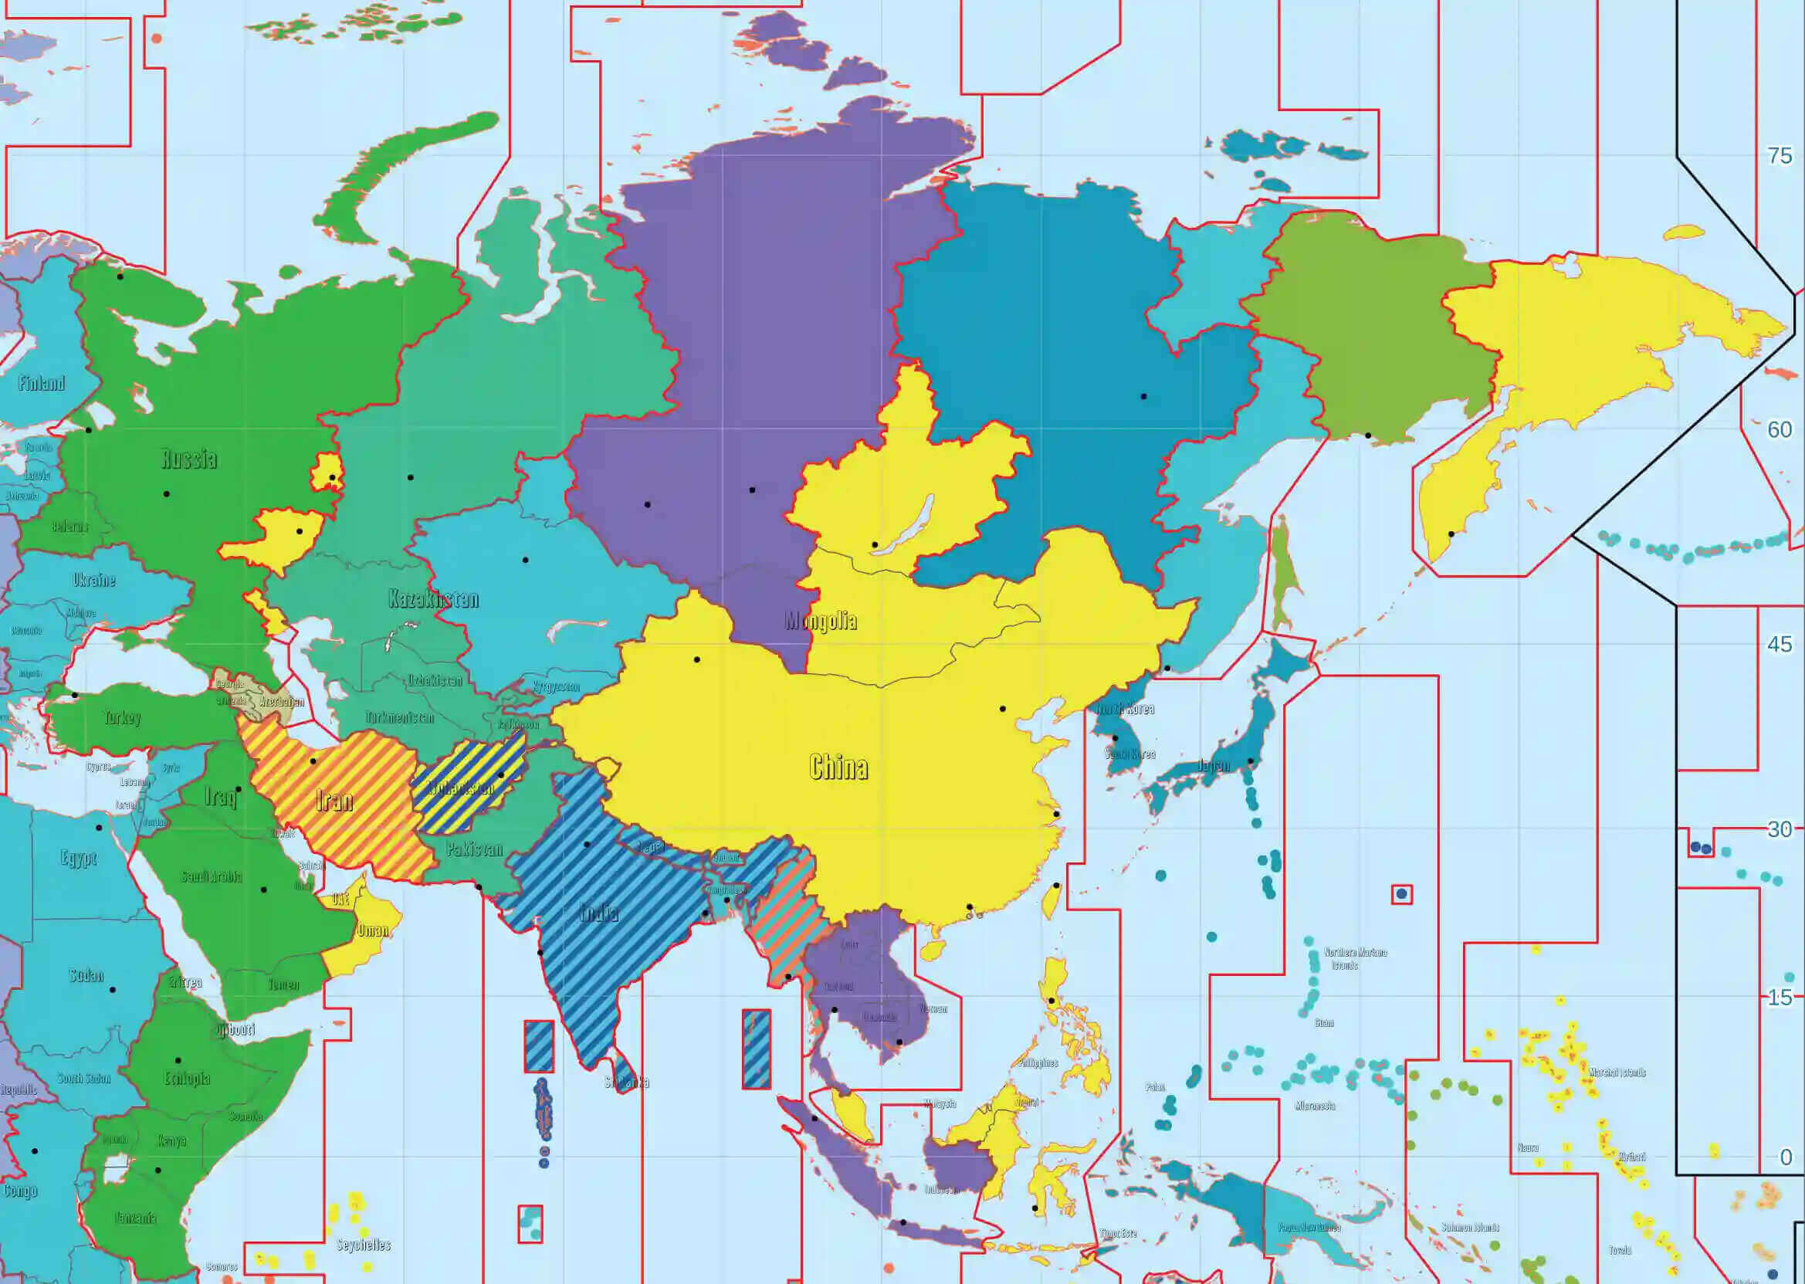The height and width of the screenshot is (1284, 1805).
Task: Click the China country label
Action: pyautogui.click(x=838, y=766)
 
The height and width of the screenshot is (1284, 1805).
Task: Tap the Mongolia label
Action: pyautogui.click(x=821, y=621)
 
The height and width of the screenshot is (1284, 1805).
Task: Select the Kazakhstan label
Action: pyautogui.click(x=433, y=598)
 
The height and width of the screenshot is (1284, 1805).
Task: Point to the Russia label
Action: pyautogui.click(x=189, y=459)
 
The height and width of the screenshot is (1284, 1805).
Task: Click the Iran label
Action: pyautogui.click(x=334, y=800)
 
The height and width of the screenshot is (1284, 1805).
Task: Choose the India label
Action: pyautogui.click(x=598, y=913)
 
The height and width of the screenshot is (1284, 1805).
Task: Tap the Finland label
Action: pyautogui.click(x=41, y=384)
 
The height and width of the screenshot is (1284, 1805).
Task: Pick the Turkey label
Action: pyautogui.click(x=123, y=718)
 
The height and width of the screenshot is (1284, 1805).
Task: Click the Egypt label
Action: pyautogui.click(x=79, y=858)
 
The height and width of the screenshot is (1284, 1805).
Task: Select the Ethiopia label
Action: pyautogui.click(x=188, y=1079)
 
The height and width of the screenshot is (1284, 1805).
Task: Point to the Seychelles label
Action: pyautogui.click(x=364, y=1245)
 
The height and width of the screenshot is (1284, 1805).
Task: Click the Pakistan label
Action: pyautogui.click(x=474, y=850)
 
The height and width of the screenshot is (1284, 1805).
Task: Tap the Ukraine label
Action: pyautogui.click(x=94, y=580)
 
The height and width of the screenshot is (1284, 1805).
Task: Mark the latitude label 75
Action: pyautogui.click(x=1780, y=156)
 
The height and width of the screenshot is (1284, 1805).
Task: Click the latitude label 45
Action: pyautogui.click(x=1780, y=645)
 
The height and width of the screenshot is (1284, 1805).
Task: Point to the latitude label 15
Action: pyautogui.click(x=1780, y=998)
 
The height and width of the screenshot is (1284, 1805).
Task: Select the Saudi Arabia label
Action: pyautogui.click(x=211, y=876)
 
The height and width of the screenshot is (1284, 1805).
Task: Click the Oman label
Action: pyautogui.click(x=372, y=930)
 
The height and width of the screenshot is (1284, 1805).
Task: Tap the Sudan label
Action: pyautogui.click(x=86, y=975)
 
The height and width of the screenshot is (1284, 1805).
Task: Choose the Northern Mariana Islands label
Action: pyautogui.click(x=1355, y=958)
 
